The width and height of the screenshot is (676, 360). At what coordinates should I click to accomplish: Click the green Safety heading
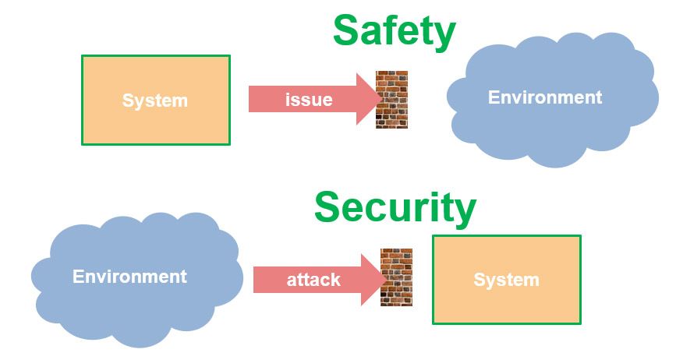pyautogui.click(x=394, y=31)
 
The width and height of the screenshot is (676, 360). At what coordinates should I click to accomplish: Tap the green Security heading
pyautogui.click(x=395, y=207)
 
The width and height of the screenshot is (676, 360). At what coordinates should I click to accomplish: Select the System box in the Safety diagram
pyautogui.click(x=156, y=100)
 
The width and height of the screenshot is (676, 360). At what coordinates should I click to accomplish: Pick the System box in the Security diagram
pyautogui.click(x=507, y=279)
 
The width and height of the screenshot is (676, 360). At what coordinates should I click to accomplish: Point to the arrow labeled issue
pyautogui.click(x=312, y=100)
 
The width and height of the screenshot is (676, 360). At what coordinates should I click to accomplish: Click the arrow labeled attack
pyautogui.click(x=316, y=279)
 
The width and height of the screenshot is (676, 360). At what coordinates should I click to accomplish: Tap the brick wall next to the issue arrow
pyautogui.click(x=391, y=99)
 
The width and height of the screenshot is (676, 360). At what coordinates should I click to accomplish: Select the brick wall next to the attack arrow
pyautogui.click(x=396, y=277)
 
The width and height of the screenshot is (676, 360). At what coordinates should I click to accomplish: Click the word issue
pyautogui.click(x=309, y=100)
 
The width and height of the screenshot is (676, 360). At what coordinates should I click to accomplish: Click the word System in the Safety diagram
pyautogui.click(x=155, y=101)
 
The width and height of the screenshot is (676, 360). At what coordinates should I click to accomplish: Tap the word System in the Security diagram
pyautogui.click(x=506, y=280)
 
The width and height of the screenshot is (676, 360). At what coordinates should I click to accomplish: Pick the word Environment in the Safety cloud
pyautogui.click(x=545, y=97)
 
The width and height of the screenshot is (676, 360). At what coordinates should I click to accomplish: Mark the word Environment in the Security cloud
pyautogui.click(x=129, y=277)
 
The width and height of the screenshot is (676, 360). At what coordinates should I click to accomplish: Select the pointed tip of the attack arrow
pyautogui.click(x=383, y=279)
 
